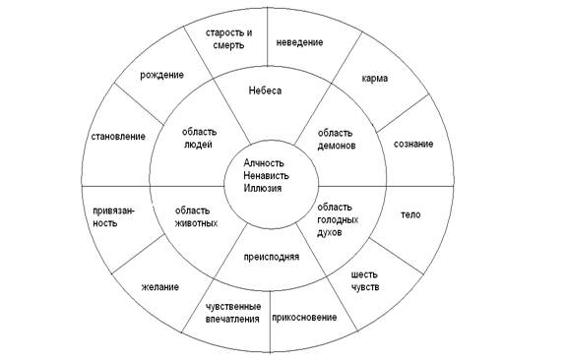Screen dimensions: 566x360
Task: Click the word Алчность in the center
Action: (264, 163)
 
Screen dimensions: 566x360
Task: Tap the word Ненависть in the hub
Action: (266, 176)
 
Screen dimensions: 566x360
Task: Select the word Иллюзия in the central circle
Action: (262, 188)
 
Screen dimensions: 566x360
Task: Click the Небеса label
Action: (265, 90)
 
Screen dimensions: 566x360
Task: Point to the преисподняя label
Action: (272, 257)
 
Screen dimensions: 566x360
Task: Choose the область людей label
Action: (199, 138)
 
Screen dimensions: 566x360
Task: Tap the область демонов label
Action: (337, 140)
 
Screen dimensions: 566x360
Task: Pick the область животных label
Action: (196, 216)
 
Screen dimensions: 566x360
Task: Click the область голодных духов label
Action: (338, 219)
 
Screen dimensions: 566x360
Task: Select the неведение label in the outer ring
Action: (299, 42)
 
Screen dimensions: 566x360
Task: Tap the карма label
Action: (375, 79)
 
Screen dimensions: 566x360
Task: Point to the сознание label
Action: (413, 145)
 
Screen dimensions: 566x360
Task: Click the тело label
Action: (410, 214)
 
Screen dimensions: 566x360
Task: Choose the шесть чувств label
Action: (365, 281)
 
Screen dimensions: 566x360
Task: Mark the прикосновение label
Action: (304, 318)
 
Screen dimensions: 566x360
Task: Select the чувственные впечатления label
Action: (233, 313)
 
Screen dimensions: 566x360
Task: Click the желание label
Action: (159, 287)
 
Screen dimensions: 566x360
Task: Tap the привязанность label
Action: (113, 216)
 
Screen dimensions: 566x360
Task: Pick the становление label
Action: (118, 137)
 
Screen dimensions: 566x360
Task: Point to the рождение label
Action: (162, 76)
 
